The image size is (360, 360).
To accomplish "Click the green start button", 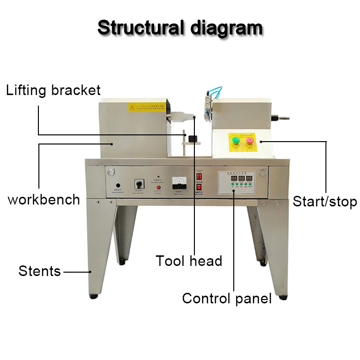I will coord(235,140).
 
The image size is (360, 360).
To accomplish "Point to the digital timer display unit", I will coord(240,182).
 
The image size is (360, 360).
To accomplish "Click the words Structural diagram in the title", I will coord(180,27).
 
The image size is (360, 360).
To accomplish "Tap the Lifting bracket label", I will coord(53,90).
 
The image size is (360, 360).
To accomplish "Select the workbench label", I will coord(44,200).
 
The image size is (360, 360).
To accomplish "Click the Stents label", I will coord(40,271).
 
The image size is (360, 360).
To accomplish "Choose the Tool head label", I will coord(189,261).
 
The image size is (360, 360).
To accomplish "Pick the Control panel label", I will coord(227,299).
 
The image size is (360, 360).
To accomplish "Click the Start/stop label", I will coord(325,202).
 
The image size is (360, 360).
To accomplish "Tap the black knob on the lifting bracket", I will coord(194,139).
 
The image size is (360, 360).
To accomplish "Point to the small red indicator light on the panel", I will coord(157,187).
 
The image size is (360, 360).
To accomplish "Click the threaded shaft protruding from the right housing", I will coord(284,117).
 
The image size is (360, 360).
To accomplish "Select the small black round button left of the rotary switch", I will coord(118,185).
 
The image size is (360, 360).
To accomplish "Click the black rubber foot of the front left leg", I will coord(94,296).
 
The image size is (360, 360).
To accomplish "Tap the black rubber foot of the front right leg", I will coord(283,297).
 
